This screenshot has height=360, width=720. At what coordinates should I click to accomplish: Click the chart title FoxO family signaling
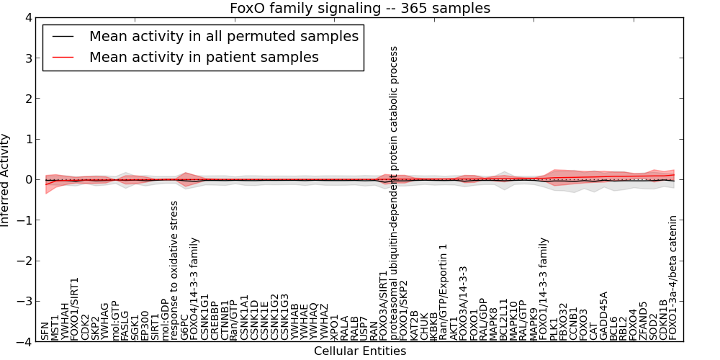[x=360, y=9]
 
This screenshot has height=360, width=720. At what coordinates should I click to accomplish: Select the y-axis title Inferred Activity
[x=6, y=180]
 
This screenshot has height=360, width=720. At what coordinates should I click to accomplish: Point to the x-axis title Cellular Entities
[x=360, y=351]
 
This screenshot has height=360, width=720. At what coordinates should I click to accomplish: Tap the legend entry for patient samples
[x=204, y=57]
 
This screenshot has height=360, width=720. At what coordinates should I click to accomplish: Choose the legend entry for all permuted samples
[x=223, y=36]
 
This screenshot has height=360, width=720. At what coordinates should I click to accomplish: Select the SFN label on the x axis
[x=45, y=331]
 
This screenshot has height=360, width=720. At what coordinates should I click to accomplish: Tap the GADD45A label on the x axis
[x=603, y=315]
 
